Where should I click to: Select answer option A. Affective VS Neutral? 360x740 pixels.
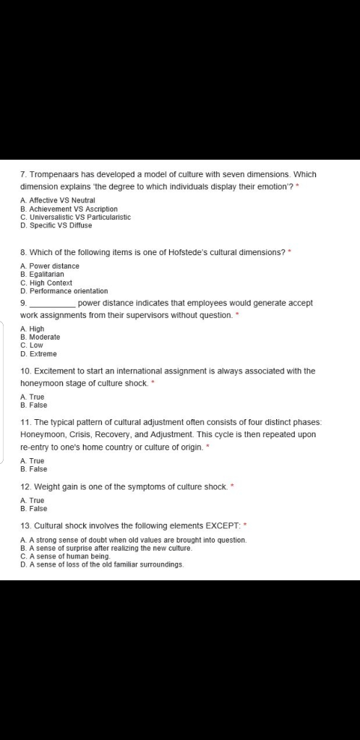click(x=58, y=199)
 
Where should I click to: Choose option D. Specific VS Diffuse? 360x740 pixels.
click(x=56, y=225)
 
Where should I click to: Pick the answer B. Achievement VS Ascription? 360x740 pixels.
click(x=69, y=208)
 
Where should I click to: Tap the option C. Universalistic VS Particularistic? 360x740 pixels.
click(x=75, y=217)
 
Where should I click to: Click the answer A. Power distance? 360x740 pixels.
click(x=50, y=266)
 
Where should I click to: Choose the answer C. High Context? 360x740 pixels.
click(x=46, y=283)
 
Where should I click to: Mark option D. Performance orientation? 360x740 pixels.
click(x=64, y=291)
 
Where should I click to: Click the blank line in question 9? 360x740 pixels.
click(x=51, y=304)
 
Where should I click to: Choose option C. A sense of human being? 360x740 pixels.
click(x=66, y=556)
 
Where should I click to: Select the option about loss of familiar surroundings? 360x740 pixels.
click(x=102, y=565)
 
